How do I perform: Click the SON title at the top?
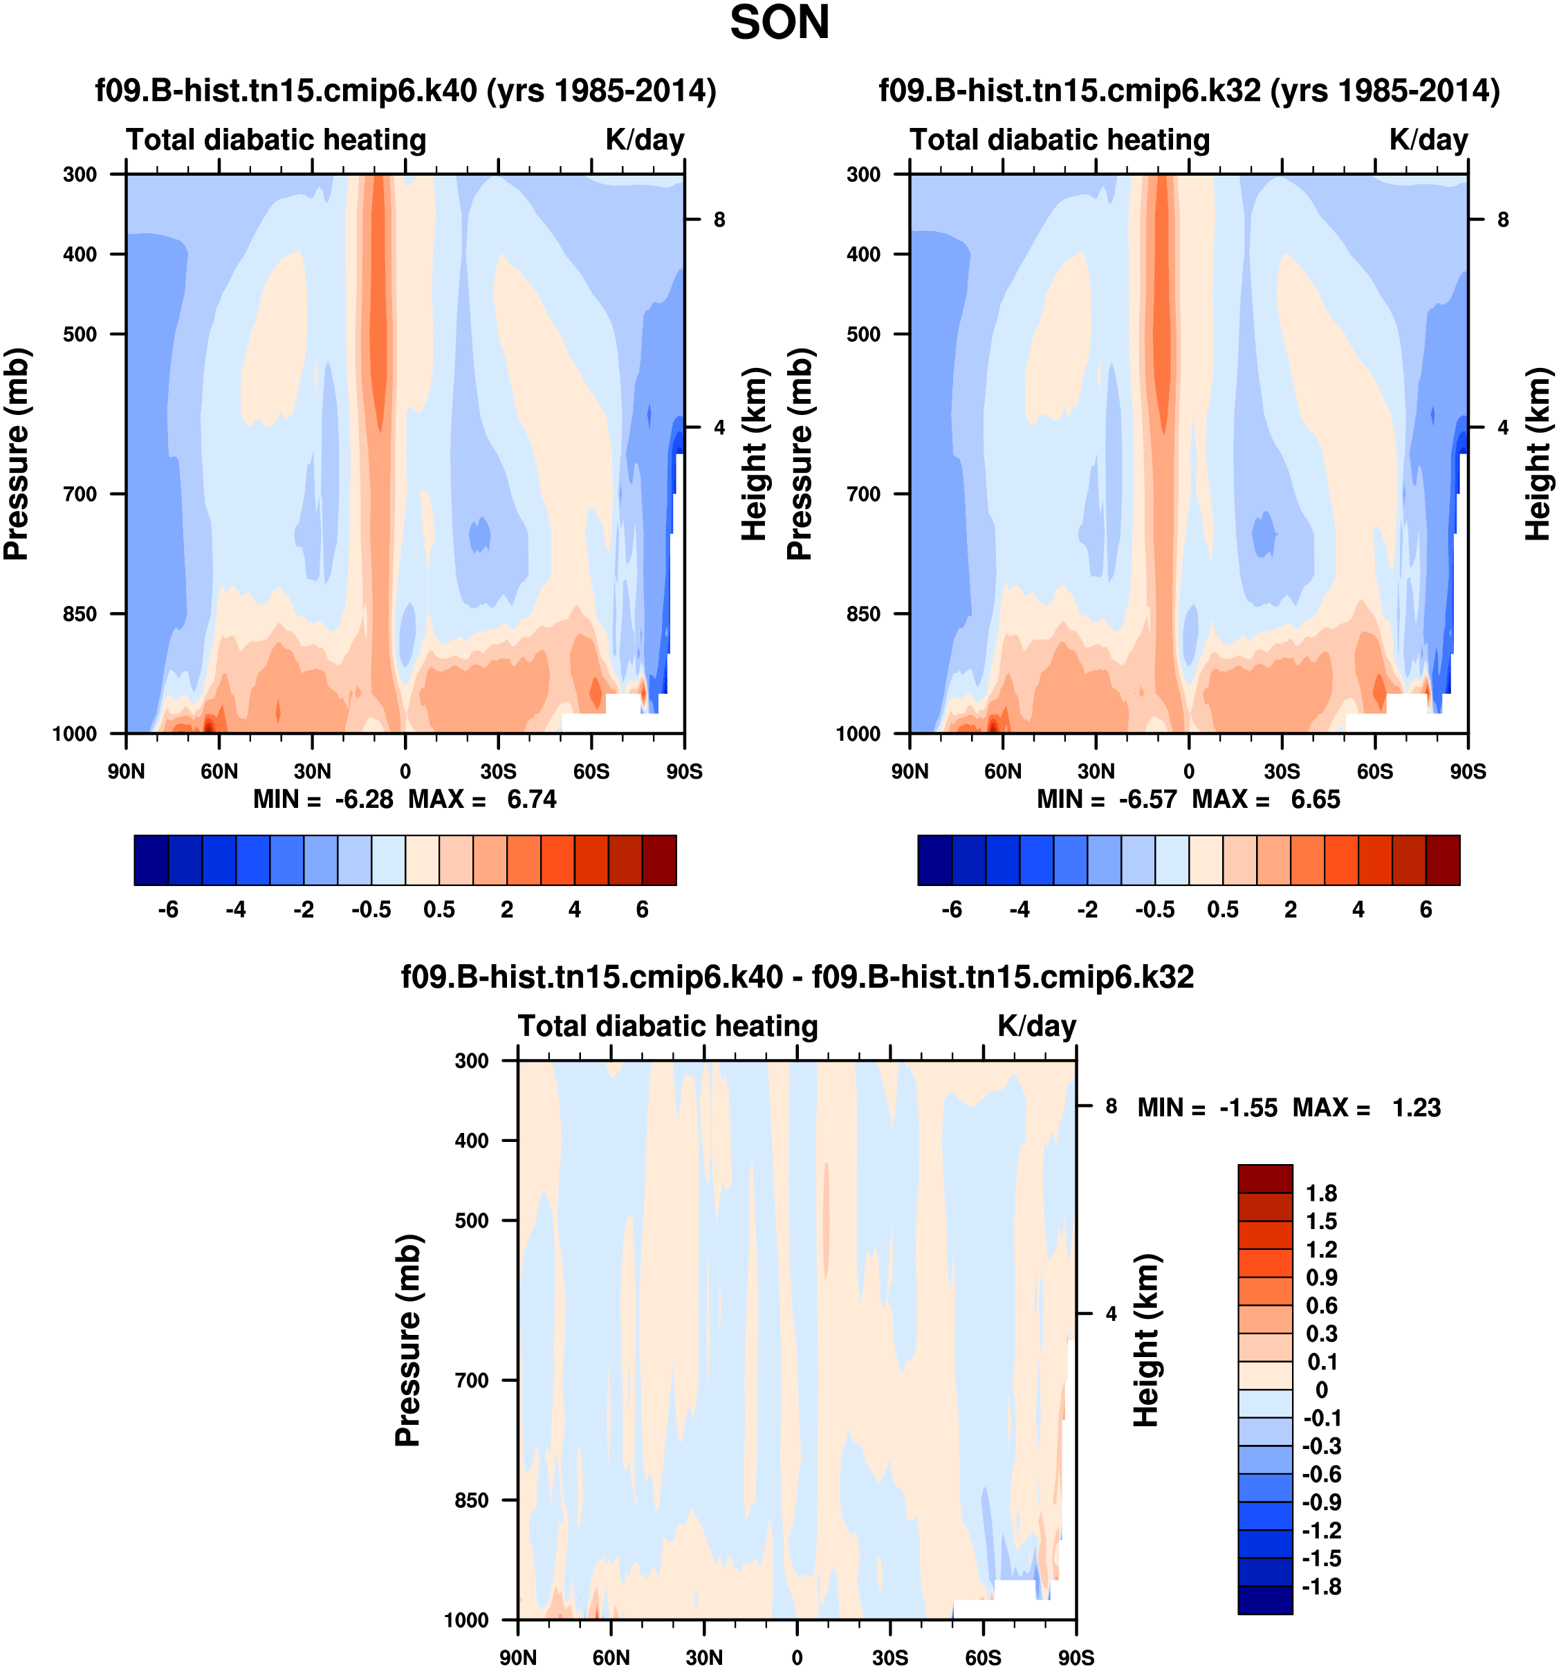pos(779,24)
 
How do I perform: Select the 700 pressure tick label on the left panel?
pos(81,495)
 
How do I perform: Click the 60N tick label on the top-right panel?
pos(1002,771)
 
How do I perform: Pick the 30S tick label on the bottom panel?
pos(890,1657)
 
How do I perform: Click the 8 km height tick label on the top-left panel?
pos(719,220)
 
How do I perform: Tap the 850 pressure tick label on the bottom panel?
pos(471,1500)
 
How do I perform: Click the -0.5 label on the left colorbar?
pos(371,910)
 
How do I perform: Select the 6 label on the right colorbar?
pos(1426,910)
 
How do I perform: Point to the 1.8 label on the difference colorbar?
pos(1321,1194)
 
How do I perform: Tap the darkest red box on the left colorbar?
pos(659,860)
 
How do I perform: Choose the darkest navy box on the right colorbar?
pos(934,860)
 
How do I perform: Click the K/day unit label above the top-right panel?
pos(1428,139)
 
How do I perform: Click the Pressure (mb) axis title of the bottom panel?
pos(407,1340)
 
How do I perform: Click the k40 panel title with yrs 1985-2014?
pos(405,90)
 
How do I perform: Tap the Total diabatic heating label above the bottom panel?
pos(667,1026)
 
